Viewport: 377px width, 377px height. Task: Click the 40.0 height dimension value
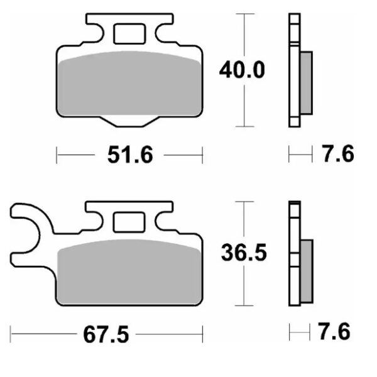pyautogui.click(x=241, y=69)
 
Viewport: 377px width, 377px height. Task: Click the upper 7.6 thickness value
pyautogui.click(x=336, y=153)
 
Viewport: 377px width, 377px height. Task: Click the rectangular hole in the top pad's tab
pyautogui.click(x=130, y=32)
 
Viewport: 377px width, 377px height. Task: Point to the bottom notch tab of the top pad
pyautogui.click(x=130, y=121)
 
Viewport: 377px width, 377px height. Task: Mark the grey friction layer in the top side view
pyautogui.click(x=305, y=82)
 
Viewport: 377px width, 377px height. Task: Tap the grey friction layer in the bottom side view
pyautogui.click(x=305, y=268)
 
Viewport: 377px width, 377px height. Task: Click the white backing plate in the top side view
pyautogui.click(x=293, y=69)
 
